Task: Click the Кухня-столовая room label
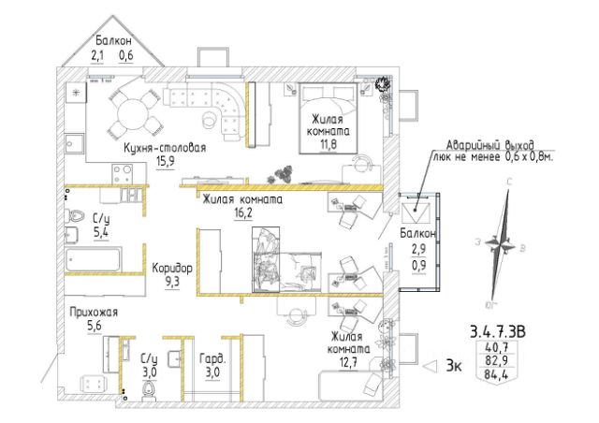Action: [x=164, y=148]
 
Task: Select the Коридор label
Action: [x=172, y=267]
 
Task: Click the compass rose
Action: [x=506, y=245]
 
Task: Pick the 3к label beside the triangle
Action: [x=454, y=367]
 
